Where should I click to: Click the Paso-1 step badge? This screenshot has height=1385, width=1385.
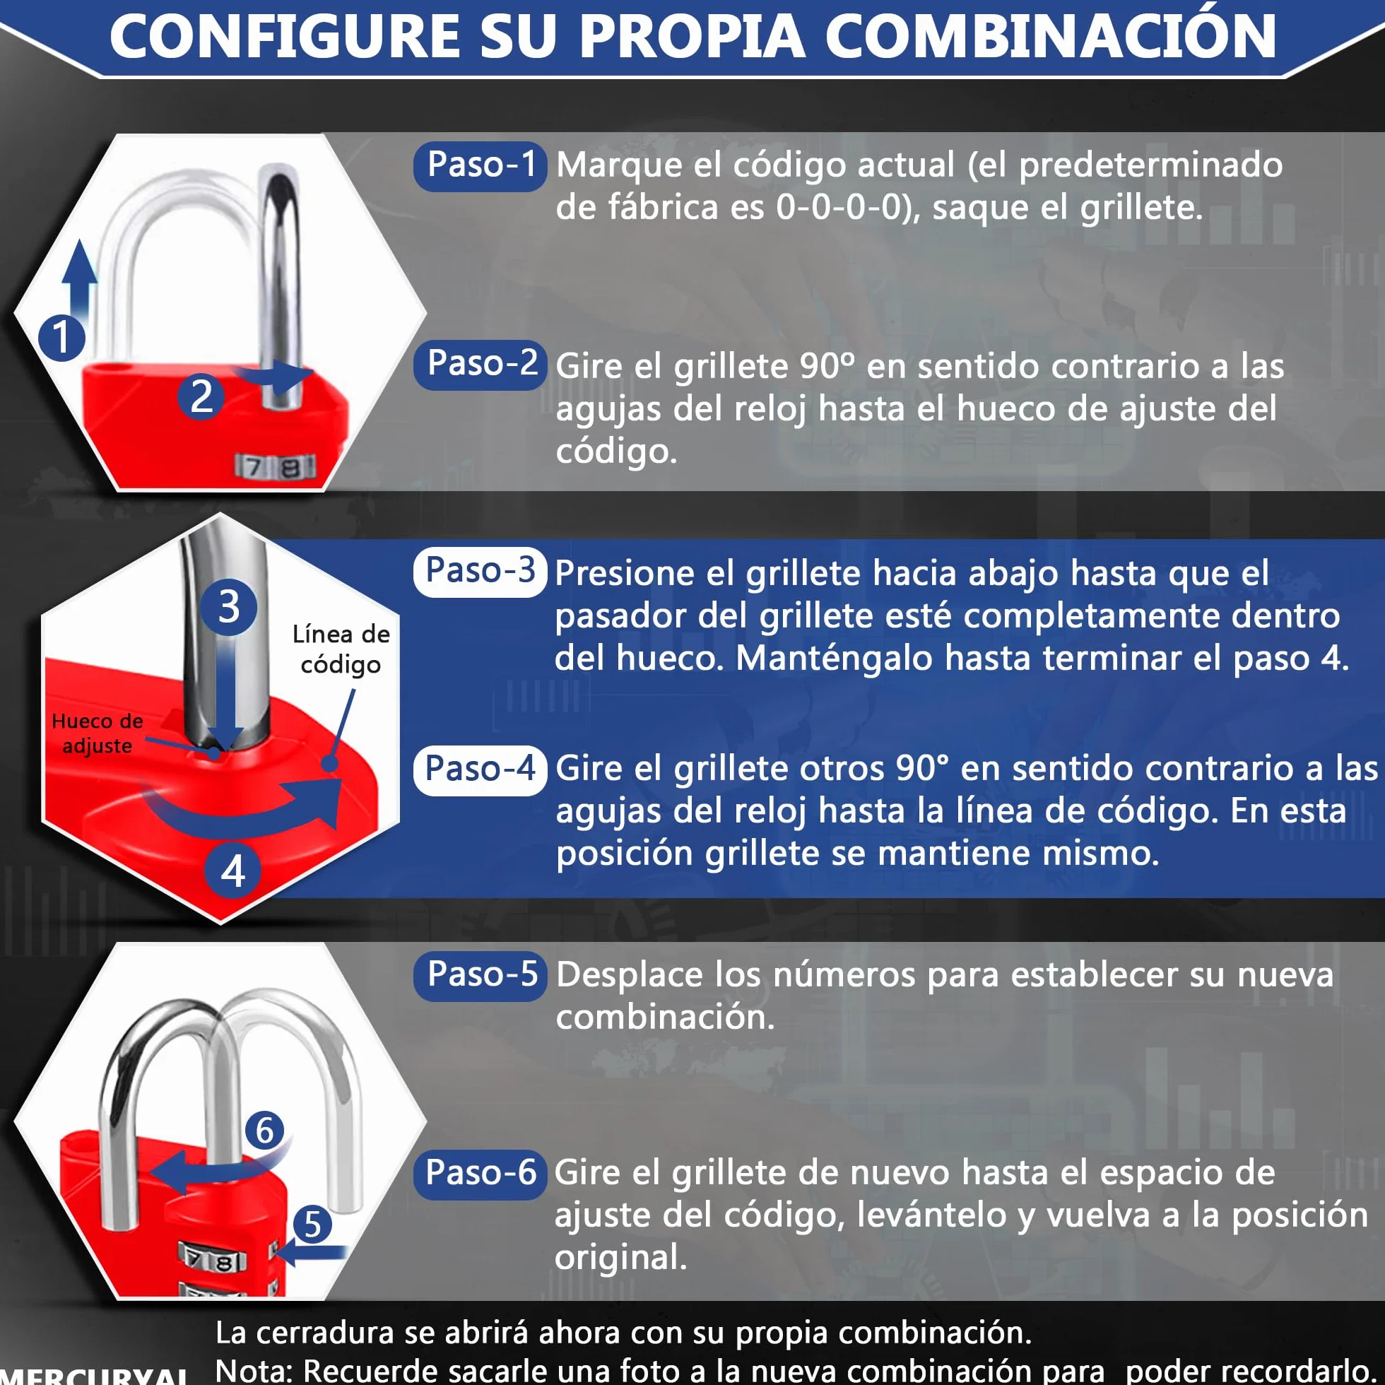coord(481,166)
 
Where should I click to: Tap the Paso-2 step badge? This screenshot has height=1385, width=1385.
coord(481,365)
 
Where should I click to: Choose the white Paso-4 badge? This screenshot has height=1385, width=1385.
coord(481,770)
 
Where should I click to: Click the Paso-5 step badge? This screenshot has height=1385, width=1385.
coord(481,976)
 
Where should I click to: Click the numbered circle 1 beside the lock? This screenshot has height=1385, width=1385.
coord(61,338)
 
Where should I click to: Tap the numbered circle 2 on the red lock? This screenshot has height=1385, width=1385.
coord(201,396)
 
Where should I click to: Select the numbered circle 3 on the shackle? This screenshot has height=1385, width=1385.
coord(229,607)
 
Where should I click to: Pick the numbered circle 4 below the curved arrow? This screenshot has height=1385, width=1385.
coord(234,873)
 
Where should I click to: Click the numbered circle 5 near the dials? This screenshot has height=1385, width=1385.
coord(312,1224)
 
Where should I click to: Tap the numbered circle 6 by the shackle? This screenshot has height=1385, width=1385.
coord(264,1131)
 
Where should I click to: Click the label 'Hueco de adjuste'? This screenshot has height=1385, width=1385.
coord(97,733)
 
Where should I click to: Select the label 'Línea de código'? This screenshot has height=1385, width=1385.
coord(341,649)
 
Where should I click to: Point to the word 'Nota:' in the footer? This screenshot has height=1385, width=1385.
coord(254,1369)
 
